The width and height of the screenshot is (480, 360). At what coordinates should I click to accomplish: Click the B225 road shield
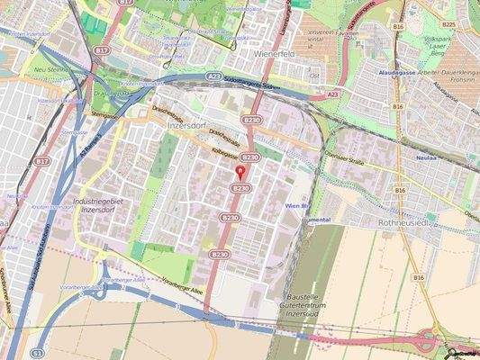448,24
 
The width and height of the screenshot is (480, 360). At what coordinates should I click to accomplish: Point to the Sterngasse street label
105,115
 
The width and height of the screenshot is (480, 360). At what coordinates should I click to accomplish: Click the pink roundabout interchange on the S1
431,343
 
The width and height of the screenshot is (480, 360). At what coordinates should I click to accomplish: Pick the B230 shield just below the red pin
240,188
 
